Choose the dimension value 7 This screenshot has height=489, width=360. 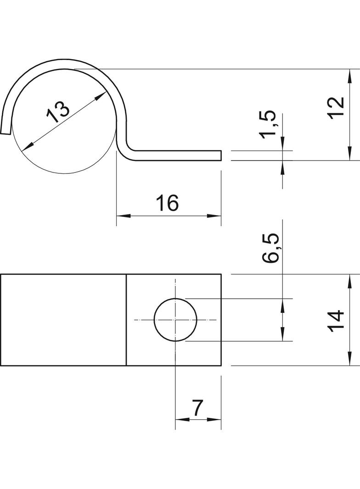[197, 408]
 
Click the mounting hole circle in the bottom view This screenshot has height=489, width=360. [175, 320]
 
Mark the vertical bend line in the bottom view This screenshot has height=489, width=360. [126, 320]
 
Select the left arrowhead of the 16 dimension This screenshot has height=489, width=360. [120, 216]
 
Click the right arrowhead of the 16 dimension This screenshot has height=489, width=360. [217, 216]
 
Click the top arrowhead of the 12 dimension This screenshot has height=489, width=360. [350, 73]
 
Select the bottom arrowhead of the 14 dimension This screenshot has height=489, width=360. [350, 361]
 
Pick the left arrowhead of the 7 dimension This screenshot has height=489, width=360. [179, 419]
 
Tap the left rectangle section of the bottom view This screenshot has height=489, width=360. [63, 320]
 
